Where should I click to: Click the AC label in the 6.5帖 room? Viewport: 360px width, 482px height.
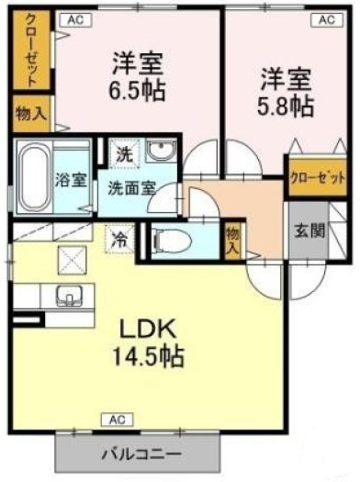[x=75, y=19]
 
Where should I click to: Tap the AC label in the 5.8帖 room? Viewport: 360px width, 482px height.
[x=327, y=19]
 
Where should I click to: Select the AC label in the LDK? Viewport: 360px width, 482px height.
[x=118, y=420]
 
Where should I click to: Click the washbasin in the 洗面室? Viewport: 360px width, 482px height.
[x=161, y=151]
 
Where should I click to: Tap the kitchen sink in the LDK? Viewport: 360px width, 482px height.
[x=69, y=296]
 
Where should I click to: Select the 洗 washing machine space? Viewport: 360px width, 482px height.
[x=125, y=154]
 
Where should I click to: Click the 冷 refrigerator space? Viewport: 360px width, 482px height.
[x=120, y=239]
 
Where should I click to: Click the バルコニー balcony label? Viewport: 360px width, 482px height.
[x=141, y=454]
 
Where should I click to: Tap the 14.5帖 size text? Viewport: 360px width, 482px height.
[x=149, y=355]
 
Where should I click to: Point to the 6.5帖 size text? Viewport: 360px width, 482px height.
[x=138, y=90]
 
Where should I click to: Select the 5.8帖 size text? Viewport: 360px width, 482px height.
[x=286, y=106]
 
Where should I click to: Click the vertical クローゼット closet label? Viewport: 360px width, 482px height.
[x=31, y=50]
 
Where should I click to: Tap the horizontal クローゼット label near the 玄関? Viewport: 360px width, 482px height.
[x=318, y=178]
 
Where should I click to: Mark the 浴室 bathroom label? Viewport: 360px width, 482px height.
[x=71, y=179]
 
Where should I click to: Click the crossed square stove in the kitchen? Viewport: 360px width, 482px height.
[x=72, y=262]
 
